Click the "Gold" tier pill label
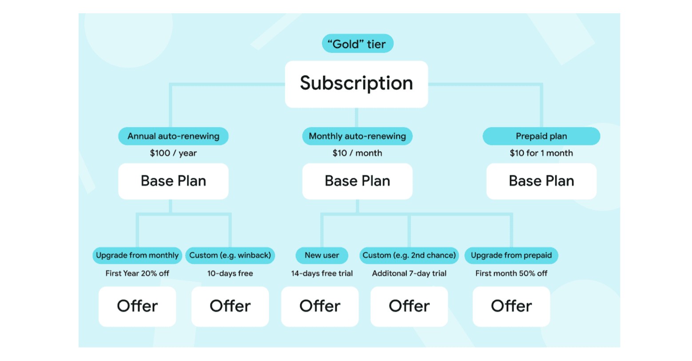click(357, 44)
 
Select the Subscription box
click(356, 84)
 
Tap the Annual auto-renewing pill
click(173, 136)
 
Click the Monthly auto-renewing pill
click(357, 136)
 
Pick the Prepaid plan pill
click(541, 136)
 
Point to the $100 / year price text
click(173, 153)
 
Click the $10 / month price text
click(357, 153)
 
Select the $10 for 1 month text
click(541, 153)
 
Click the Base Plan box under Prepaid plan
click(541, 181)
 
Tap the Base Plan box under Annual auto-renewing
click(173, 181)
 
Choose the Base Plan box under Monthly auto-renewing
click(357, 181)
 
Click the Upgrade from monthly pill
click(137, 255)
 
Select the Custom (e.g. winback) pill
click(230, 255)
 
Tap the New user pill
click(322, 255)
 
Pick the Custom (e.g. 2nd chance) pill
click(409, 255)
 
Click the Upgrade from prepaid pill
click(511, 255)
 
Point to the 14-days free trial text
click(322, 274)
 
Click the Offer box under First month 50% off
click(511, 306)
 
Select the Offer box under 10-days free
click(230, 306)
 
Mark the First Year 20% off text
click(137, 274)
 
